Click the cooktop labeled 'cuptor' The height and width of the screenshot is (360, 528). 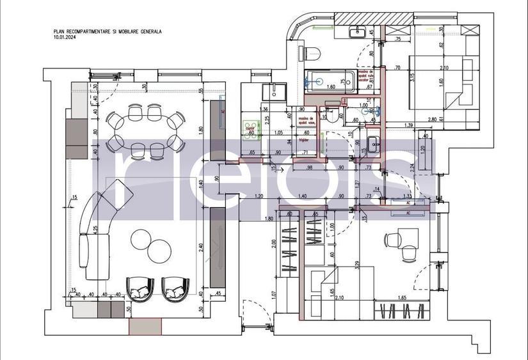tap(250, 127)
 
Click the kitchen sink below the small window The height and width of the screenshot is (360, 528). tap(277, 91)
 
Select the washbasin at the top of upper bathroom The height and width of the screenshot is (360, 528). tap(357, 32)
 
